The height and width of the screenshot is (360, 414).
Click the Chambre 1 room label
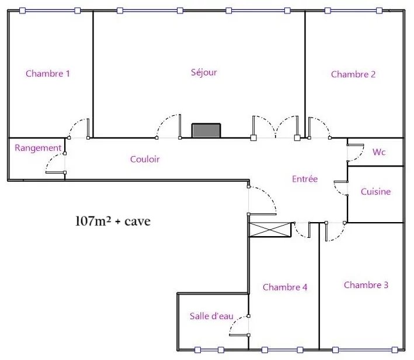pos(48,74)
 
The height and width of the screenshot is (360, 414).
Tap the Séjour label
pos(204,72)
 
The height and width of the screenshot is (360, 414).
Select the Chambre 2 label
pos(353,74)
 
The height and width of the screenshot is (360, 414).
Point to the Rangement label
pos(38,148)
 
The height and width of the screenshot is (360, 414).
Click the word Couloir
pos(145,159)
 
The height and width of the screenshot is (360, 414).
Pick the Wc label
pos(379,152)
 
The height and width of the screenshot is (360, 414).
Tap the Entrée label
pos(305,179)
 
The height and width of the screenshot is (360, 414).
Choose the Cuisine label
pos(375,191)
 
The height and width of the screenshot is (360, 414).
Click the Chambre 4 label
pos(285,287)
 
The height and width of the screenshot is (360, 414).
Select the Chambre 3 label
pos(366,285)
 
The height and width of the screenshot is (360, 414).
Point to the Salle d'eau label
pos(211,316)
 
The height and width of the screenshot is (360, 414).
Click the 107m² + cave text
pos(113,221)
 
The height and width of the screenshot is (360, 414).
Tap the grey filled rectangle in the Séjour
pos(206,130)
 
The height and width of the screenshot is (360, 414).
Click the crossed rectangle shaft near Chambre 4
pos(270,230)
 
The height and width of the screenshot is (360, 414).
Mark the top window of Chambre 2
pos(353,11)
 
